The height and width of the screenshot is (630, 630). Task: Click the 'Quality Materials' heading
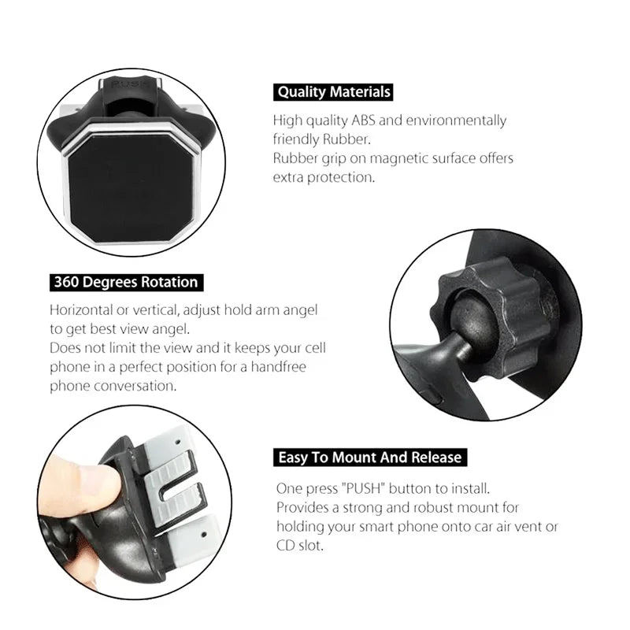(x=333, y=92)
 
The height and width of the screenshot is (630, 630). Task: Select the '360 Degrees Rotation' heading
(x=126, y=282)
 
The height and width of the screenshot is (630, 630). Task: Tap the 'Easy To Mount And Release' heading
(x=370, y=458)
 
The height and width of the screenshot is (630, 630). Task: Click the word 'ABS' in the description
(x=363, y=120)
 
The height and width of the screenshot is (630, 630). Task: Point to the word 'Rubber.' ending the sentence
(x=346, y=139)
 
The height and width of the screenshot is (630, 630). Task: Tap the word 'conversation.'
(x=135, y=386)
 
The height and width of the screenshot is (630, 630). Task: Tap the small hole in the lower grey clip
(x=204, y=535)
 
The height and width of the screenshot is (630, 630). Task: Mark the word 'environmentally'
(x=456, y=120)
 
